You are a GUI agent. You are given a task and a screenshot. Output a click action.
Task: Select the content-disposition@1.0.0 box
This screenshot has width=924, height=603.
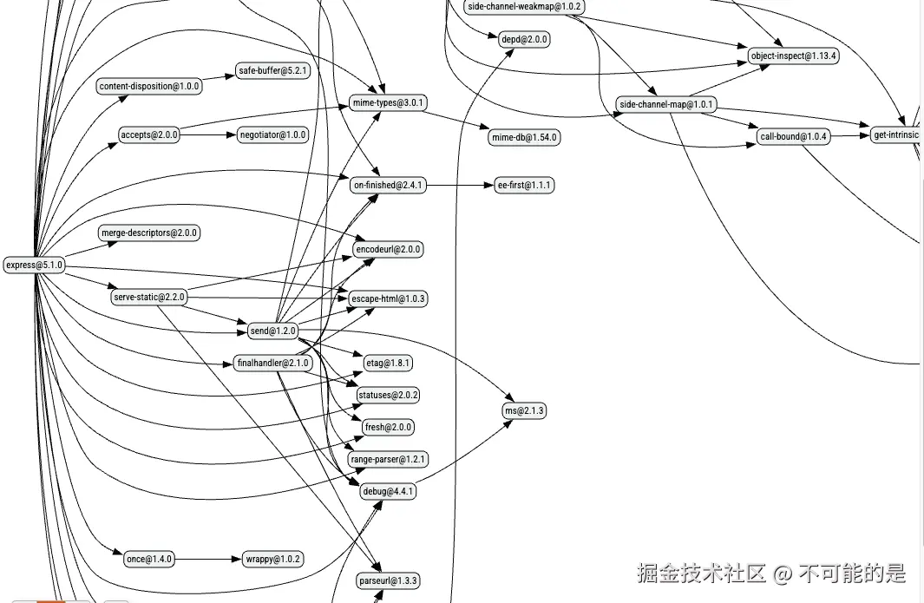[149, 86]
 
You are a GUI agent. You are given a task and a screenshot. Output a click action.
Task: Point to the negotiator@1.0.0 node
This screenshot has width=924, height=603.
[272, 134]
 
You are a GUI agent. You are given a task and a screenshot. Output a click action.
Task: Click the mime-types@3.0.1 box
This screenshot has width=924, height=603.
[389, 103]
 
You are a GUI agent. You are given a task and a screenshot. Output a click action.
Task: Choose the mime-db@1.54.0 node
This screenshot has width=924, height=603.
[524, 137]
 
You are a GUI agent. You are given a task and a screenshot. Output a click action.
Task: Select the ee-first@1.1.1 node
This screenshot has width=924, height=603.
[524, 185]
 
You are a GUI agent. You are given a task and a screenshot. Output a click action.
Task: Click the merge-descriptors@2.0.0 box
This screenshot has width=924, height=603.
[150, 233]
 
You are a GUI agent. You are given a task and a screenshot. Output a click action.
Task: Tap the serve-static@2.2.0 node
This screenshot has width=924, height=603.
[149, 298]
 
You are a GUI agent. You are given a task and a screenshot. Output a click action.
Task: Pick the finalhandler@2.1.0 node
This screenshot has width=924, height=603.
[272, 363]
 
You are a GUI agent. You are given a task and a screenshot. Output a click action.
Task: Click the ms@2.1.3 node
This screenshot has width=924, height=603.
[524, 410]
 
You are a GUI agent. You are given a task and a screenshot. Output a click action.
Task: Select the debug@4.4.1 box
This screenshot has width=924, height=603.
[388, 491]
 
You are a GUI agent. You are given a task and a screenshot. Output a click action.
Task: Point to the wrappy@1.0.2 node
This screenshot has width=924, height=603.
[272, 559]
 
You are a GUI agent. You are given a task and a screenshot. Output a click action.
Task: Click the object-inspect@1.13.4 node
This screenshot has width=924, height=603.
[793, 56]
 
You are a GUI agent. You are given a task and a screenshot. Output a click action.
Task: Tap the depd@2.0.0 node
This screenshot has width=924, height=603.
[524, 39]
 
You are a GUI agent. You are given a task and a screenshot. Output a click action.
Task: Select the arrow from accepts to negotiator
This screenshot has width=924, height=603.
[207, 134]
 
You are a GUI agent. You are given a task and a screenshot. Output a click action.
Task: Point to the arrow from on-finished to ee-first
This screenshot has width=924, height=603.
[456, 185]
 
